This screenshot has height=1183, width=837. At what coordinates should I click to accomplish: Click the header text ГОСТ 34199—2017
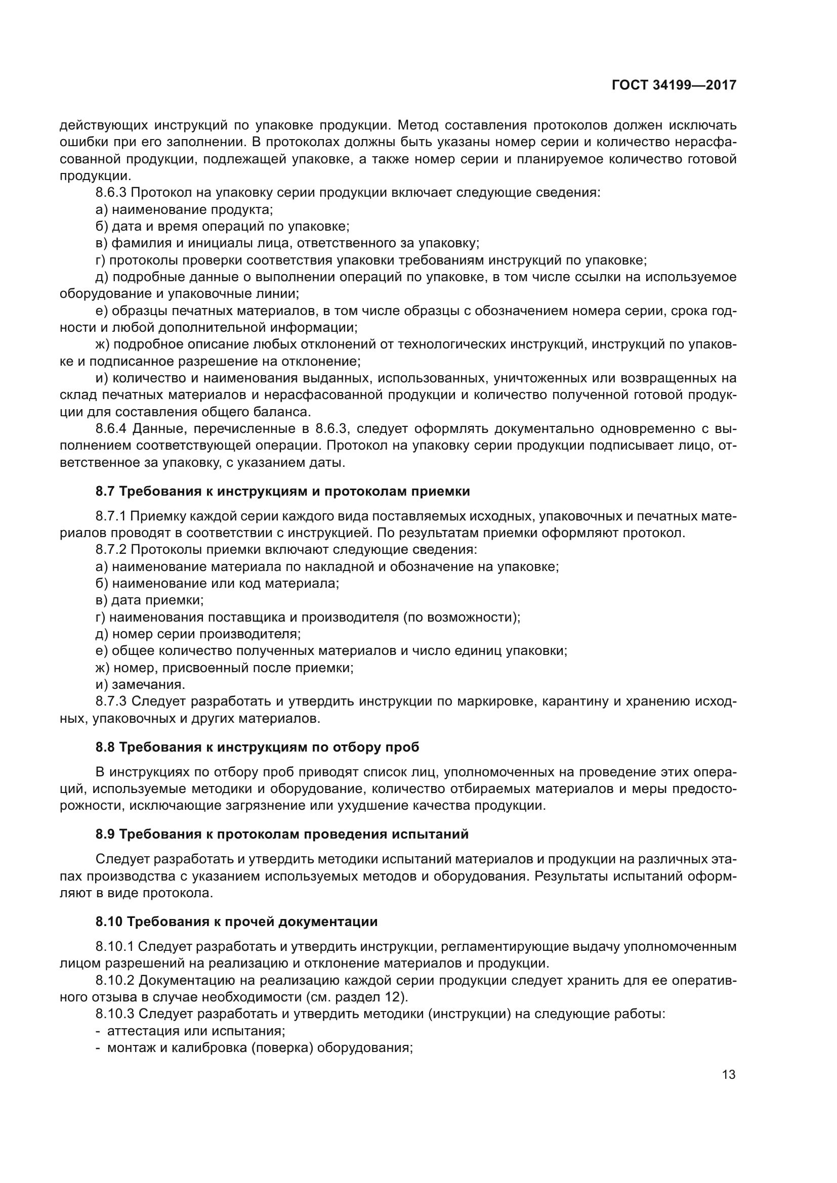click(674, 85)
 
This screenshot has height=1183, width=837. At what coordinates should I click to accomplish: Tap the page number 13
click(729, 1074)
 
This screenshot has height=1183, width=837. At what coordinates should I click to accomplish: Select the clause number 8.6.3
click(111, 193)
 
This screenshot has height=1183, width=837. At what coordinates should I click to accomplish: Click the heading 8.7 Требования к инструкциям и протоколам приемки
click(282, 491)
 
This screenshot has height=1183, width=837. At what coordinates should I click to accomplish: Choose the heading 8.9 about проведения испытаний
click(282, 834)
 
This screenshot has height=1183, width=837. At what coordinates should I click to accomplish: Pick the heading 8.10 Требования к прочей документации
click(236, 921)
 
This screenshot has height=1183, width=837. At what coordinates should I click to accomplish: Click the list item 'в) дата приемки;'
click(149, 600)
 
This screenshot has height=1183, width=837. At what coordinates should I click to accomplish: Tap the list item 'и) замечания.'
click(140, 684)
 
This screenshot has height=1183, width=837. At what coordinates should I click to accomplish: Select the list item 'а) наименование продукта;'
click(184, 210)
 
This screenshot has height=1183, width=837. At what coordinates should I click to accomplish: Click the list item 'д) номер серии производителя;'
click(198, 634)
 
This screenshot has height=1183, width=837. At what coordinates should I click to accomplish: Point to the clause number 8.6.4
click(111, 429)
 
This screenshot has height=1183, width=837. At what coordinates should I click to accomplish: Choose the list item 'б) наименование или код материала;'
click(217, 584)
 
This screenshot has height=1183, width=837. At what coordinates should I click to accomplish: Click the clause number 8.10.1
click(114, 946)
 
